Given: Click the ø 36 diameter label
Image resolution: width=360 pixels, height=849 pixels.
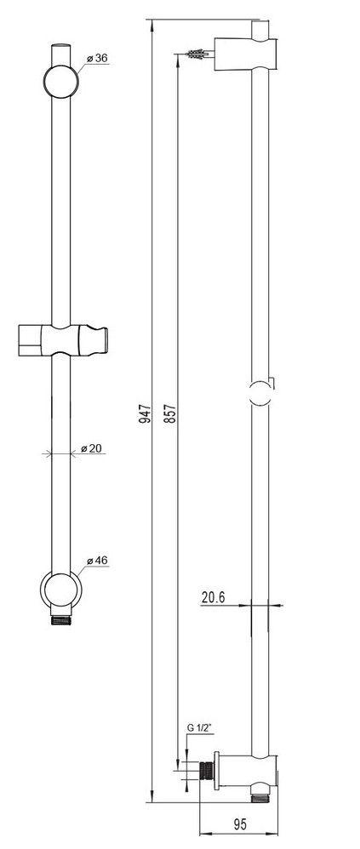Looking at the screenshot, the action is coord(96,59).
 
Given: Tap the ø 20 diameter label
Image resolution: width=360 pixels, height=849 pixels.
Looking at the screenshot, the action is coord(91,448).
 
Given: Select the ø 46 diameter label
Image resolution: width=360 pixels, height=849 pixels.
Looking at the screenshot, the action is coord(96,561).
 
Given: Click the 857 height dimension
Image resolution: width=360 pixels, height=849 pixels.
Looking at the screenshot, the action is coord(171,413).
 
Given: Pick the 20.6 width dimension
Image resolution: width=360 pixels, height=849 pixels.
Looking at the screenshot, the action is coord(214,597).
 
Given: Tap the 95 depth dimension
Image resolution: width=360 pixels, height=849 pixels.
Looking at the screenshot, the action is coord(240,824).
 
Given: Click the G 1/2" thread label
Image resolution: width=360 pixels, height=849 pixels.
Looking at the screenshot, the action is coord(199,728).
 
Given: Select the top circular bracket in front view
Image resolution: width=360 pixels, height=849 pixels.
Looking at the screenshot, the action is coord(60,81).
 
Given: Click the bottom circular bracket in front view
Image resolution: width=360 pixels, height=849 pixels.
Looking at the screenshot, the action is coord(60,590).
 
